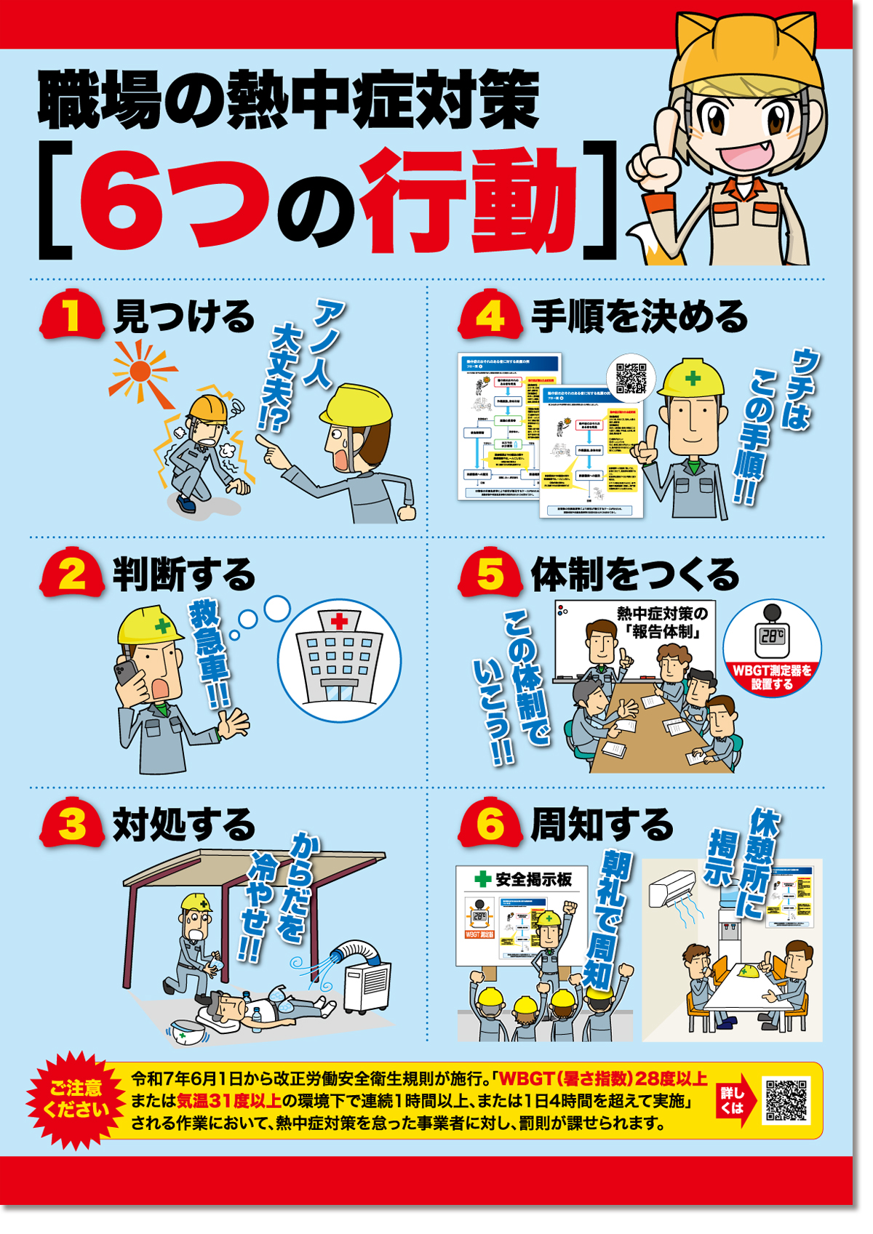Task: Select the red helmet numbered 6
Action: pyautogui.click(x=490, y=823)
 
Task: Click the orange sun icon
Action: pyautogui.click(x=140, y=372)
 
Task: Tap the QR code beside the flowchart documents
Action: pyautogui.click(x=631, y=378)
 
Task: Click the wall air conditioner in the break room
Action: pyautogui.click(x=674, y=887)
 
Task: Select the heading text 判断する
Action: pyautogui.click(x=183, y=575)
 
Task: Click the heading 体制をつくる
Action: pyautogui.click(x=634, y=575)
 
